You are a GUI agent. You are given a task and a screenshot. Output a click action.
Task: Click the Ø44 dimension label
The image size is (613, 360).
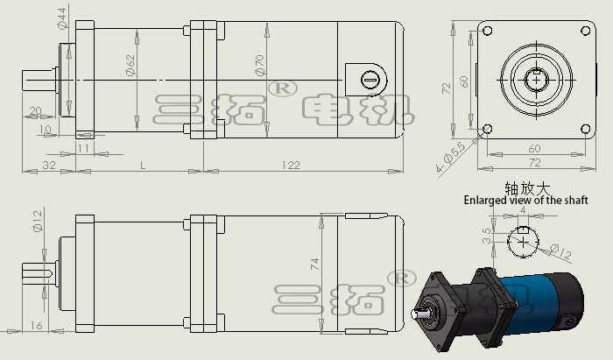(x=62, y=18)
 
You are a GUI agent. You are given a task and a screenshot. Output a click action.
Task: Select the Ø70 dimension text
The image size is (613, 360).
(x=259, y=65)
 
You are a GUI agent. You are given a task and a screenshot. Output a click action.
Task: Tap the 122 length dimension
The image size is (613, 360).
(x=291, y=166)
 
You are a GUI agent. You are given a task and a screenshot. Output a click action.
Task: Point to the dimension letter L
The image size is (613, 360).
(x=143, y=166)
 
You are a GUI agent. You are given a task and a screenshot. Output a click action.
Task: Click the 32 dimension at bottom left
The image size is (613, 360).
(x=49, y=166)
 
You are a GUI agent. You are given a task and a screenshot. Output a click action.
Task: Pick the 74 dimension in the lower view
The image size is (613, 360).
(x=314, y=265)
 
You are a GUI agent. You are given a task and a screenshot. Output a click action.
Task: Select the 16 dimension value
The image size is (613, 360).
(x=37, y=325)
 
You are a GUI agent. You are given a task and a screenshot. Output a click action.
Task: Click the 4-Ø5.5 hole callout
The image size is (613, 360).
(x=451, y=158)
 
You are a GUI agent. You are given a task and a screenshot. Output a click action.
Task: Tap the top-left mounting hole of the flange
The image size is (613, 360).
(x=488, y=31)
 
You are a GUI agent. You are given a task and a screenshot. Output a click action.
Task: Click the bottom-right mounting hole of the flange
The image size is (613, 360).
(x=585, y=129)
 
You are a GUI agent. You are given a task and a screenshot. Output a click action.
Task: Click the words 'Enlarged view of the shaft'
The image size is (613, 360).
(x=525, y=200)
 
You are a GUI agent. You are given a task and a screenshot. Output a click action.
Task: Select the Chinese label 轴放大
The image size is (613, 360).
(x=527, y=188)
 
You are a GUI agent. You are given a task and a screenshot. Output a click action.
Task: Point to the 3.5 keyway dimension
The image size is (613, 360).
(x=487, y=236)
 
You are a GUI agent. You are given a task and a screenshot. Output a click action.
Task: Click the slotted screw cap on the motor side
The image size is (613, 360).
(x=370, y=80)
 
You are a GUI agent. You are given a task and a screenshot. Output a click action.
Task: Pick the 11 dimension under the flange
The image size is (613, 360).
(x=84, y=148)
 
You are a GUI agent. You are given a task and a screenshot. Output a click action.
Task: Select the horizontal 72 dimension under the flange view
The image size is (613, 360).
(x=535, y=162)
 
